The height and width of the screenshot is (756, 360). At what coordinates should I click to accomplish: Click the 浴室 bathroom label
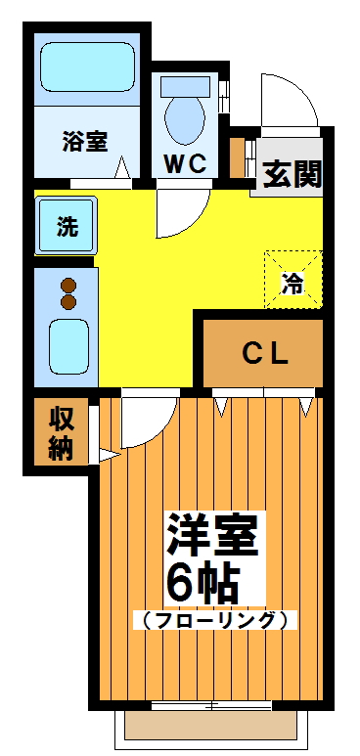click(84, 142)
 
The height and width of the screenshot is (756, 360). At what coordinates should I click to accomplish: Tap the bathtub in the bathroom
click(85, 67)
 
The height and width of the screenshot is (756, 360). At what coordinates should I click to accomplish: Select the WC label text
click(184, 163)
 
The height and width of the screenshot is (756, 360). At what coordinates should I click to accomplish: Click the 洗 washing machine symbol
click(67, 228)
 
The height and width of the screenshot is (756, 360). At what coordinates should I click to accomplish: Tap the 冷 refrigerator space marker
click(292, 281)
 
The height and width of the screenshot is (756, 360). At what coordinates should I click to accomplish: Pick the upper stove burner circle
click(68, 286)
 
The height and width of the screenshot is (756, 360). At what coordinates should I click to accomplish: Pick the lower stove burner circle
click(68, 303)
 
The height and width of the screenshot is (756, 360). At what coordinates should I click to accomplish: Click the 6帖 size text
click(202, 583)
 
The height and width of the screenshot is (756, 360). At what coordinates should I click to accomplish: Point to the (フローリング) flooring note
click(214, 619)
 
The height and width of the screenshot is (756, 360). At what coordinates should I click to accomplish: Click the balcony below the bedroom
click(211, 726)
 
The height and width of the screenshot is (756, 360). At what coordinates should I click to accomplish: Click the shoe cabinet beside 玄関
click(237, 158)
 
